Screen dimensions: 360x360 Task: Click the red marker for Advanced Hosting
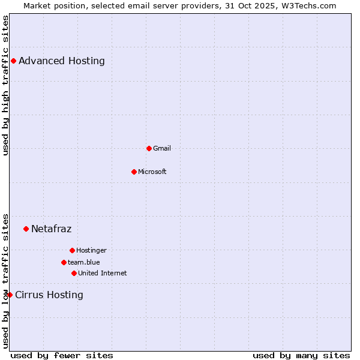tap(13, 61)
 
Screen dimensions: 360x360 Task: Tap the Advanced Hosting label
tap(62, 61)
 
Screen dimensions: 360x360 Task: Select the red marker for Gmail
tap(149, 148)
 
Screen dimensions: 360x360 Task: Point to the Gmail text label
tap(162, 148)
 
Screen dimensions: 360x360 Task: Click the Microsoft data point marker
tap(134, 172)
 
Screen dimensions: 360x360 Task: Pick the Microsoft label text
tap(152, 172)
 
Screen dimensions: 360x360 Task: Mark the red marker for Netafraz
tap(26, 229)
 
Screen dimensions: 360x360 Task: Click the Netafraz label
tap(52, 229)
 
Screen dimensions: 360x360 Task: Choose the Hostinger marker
tap(72, 250)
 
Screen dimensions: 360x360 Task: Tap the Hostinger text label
tap(91, 250)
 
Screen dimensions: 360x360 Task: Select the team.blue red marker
tap(64, 262)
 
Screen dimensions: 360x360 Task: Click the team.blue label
tap(84, 262)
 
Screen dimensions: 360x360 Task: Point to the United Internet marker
tap(74, 273)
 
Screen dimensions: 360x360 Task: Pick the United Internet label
tap(103, 273)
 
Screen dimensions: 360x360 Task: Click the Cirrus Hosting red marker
tap(10, 295)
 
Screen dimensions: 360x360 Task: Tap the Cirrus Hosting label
tap(49, 295)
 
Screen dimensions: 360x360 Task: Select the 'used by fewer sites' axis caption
tap(62, 355)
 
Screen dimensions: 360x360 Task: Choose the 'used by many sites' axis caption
tap(301, 355)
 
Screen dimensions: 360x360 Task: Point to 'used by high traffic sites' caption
tap(5, 85)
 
